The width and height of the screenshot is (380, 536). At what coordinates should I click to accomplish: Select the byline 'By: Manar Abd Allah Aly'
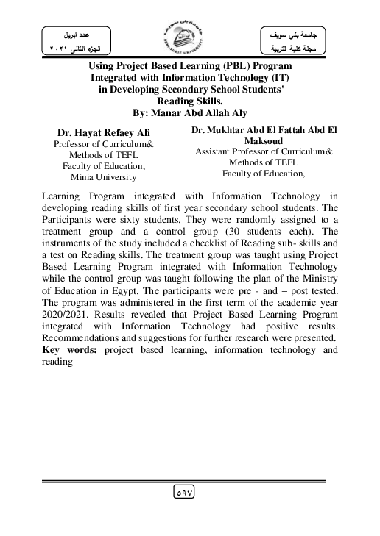[x=190, y=113]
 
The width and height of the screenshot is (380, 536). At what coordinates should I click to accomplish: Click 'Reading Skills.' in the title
[x=190, y=100]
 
